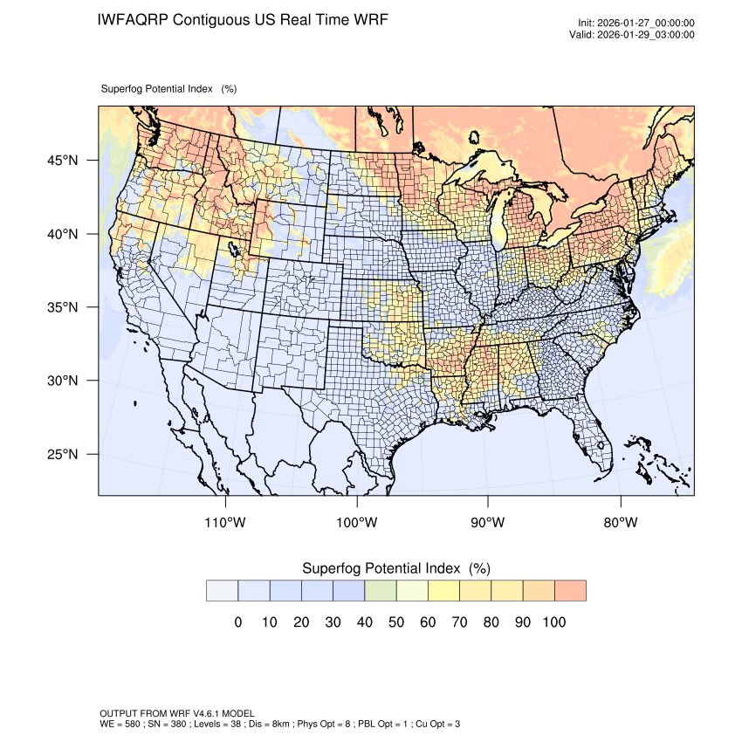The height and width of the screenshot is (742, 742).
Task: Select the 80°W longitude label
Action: tap(621, 523)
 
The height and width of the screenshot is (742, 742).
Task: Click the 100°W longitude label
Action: tap(357, 523)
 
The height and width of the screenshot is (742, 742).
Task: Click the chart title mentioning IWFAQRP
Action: tap(243, 19)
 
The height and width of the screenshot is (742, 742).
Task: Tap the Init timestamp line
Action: tap(636, 23)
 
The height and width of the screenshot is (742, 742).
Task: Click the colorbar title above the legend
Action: tap(395, 568)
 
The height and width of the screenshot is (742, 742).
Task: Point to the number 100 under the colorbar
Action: tap(554, 622)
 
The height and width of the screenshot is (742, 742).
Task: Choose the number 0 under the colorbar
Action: tap(237, 622)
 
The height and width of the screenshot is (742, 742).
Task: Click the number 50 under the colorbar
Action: tap(396, 622)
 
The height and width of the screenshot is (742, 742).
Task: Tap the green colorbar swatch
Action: tap(381, 590)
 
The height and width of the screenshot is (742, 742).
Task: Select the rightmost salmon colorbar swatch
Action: tap(570, 590)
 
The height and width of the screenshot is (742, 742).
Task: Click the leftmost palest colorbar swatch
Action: tap(222, 590)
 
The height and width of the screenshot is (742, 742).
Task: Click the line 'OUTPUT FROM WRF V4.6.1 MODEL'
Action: tap(177, 713)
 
